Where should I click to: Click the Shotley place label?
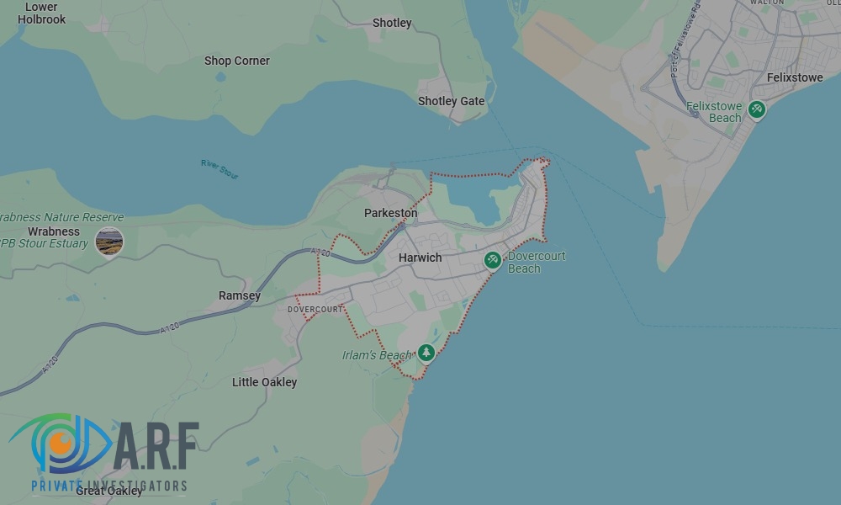click(x=392, y=23)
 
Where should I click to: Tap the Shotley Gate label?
click(x=451, y=101)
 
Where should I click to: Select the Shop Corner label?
click(x=237, y=61)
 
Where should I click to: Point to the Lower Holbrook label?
click(x=41, y=13)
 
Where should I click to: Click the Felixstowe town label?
click(x=795, y=77)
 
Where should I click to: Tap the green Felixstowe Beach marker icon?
click(x=757, y=109)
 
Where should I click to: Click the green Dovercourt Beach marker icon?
click(x=494, y=260)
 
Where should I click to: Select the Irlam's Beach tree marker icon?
click(x=426, y=353)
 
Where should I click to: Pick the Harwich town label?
click(x=420, y=258)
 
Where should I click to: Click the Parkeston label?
click(x=390, y=213)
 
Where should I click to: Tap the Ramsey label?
click(x=240, y=295)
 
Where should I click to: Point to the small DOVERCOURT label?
click(x=315, y=310)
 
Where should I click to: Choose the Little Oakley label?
click(x=264, y=382)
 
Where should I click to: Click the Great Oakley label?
click(x=109, y=491)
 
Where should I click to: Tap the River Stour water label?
click(x=220, y=168)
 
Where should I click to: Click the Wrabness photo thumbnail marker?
click(x=109, y=242)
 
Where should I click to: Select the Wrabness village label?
click(x=54, y=231)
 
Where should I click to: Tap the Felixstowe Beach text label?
click(x=714, y=112)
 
